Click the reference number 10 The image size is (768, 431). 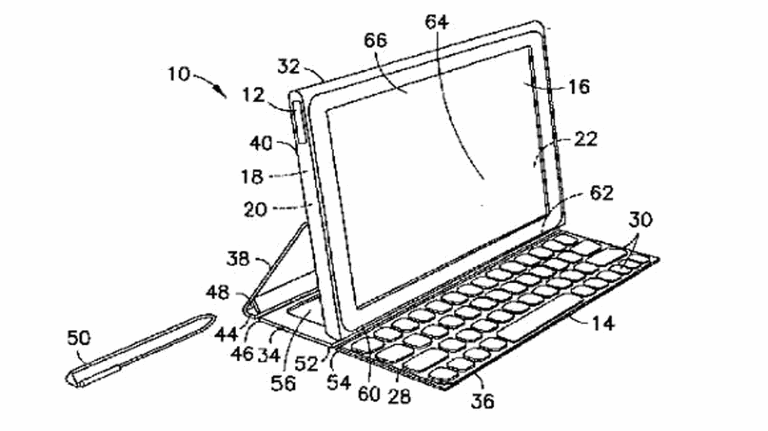(179, 74)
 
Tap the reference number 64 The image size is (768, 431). (436, 22)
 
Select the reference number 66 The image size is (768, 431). (376, 40)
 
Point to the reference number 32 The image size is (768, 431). (289, 67)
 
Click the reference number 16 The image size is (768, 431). (579, 87)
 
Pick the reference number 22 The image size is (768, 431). (586, 139)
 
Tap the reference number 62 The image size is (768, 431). (602, 193)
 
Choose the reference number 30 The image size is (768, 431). (641, 220)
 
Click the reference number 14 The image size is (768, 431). (603, 323)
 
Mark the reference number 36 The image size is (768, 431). (483, 401)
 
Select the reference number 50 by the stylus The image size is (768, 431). (79, 338)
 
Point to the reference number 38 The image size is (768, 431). (238, 259)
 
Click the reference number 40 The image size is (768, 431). (261, 143)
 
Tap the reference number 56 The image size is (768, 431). (283, 384)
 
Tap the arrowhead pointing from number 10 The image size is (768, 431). (221, 93)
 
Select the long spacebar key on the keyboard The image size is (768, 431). (541, 317)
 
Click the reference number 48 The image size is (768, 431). (218, 293)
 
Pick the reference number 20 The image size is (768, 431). (255, 209)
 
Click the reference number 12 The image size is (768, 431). (253, 95)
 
